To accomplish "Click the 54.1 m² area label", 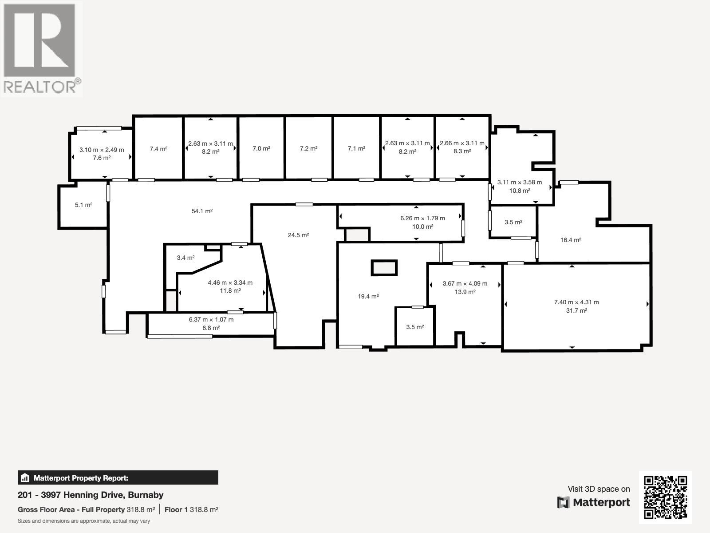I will (202, 211).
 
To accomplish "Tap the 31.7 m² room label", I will (576, 310).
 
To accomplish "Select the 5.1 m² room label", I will (83, 205).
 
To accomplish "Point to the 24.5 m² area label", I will (298, 235).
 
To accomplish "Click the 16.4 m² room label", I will (571, 240).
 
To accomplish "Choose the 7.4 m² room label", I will (158, 149).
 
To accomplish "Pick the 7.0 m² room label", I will (261, 148).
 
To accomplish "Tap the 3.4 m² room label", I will (185, 258).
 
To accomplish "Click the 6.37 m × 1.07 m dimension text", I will (211, 319).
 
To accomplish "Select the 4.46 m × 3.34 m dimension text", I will (230, 282).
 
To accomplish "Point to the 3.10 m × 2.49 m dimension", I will (102, 150).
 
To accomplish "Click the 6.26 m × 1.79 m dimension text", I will (422, 218).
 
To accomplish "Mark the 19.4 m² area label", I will (368, 296).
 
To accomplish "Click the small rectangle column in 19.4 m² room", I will (384, 268).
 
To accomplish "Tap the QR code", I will (665, 497).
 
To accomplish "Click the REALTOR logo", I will (41, 49).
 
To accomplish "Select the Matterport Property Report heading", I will (81, 478).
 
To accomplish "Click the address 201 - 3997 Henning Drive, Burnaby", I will (91, 495).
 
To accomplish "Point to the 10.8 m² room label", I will (519, 191).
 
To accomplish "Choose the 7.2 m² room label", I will (308, 148).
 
